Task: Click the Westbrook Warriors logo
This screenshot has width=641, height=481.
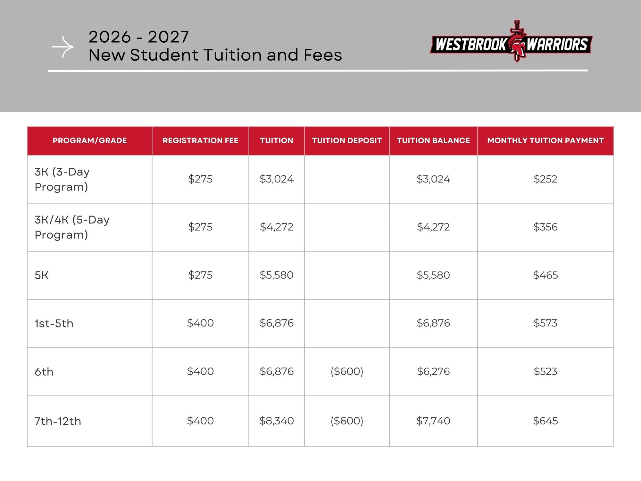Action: pyautogui.click(x=511, y=44)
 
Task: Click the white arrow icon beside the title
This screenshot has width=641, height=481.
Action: pyautogui.click(x=63, y=47)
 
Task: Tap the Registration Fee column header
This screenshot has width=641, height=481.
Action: pyautogui.click(x=200, y=140)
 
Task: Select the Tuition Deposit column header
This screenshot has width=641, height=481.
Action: pyautogui.click(x=347, y=140)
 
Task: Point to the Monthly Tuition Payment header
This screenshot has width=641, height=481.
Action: pyautogui.click(x=545, y=140)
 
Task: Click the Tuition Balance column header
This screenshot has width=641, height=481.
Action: pyautogui.click(x=433, y=140)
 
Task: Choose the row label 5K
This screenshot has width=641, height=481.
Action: pyautogui.click(x=42, y=275)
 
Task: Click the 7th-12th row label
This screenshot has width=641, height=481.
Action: pyautogui.click(x=58, y=421)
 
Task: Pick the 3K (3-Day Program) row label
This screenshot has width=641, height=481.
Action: pyautogui.click(x=62, y=179)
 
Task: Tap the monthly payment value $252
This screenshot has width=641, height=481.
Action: pyautogui.click(x=545, y=179)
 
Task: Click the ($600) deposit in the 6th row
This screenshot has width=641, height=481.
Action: pyautogui.click(x=347, y=371)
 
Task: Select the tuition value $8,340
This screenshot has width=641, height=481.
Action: pyautogui.click(x=276, y=421)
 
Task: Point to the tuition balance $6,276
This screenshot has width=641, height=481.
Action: pyautogui.click(x=433, y=371)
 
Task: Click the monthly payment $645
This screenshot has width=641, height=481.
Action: pyautogui.click(x=545, y=421)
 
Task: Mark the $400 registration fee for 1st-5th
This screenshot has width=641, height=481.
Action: pyautogui.click(x=200, y=323)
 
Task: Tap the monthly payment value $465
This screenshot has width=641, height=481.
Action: pyautogui.click(x=545, y=275)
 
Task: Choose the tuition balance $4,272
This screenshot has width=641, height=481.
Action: pyautogui.click(x=433, y=227)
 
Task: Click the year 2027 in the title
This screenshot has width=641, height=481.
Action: pyautogui.click(x=168, y=37)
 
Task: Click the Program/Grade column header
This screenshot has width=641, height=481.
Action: pyautogui.click(x=90, y=140)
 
